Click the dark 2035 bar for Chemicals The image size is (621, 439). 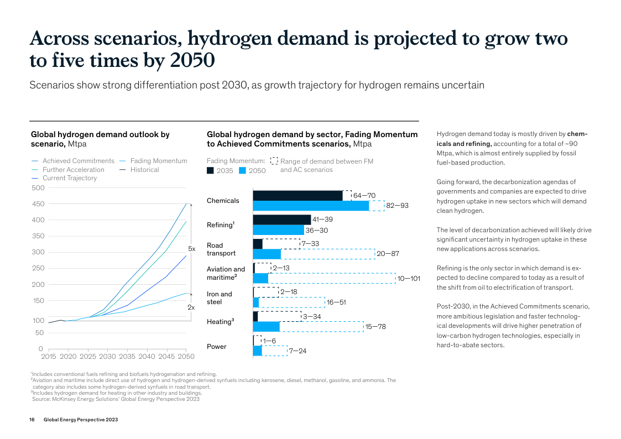coord(298,195)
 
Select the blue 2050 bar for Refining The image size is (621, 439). coord(278,230)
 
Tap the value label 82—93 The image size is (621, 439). coord(397,206)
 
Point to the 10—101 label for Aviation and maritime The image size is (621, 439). coord(409,279)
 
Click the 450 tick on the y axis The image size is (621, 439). coord(38,204)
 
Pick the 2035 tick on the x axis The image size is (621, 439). coord(127,357)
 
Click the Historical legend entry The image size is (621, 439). coord(144,170)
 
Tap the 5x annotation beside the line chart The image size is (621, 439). coord(192,249)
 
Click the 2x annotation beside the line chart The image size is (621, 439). coord(191,307)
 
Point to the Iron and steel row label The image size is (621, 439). coord(220,298)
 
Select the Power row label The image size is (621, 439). coord(217,347)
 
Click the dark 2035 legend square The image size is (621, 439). coord(210,171)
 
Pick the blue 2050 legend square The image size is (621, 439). coord(242,171)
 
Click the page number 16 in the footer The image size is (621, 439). coord(32,420)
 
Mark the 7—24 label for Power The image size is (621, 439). coord(298,351)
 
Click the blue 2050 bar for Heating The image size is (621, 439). coord(266,326)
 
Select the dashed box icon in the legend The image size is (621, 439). coord(274,161)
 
